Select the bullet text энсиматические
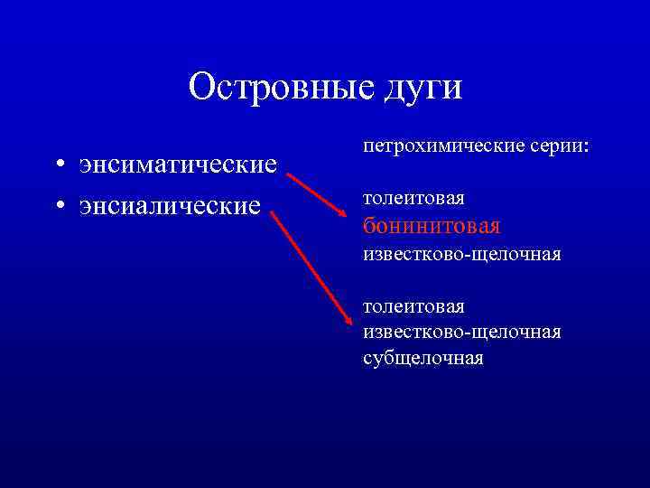pyautogui.click(x=178, y=166)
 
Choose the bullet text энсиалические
pyautogui.click(x=170, y=206)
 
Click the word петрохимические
pyautogui.click(x=438, y=145)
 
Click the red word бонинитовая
pyautogui.click(x=431, y=225)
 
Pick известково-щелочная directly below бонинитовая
pyautogui.click(x=461, y=255)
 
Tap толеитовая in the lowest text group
pyautogui.click(x=413, y=308)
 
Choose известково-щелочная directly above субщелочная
pyautogui.click(x=461, y=333)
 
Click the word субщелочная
pyautogui.click(x=422, y=358)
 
